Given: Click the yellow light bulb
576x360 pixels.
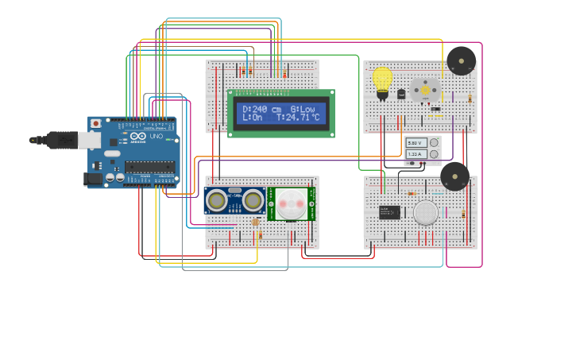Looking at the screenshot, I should click(382, 79).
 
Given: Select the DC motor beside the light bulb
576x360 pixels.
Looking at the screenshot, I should click(424, 89).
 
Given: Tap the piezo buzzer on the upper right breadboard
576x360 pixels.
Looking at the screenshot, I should click(461, 60).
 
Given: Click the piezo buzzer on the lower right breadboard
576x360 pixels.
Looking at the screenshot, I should click(454, 176).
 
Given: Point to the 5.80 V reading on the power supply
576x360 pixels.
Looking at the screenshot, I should click(416, 143).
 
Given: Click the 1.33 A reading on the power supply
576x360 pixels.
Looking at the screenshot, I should click(416, 153).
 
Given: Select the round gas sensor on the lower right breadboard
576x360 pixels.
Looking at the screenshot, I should click(426, 212).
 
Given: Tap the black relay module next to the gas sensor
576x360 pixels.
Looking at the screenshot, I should click(389, 212).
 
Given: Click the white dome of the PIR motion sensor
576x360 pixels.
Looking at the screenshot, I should click(291, 203).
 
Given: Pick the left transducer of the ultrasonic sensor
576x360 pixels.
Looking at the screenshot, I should click(216, 201).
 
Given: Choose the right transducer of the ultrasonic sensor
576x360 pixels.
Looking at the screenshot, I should click(253, 201).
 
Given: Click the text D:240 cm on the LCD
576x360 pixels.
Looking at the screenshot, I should click(261, 109).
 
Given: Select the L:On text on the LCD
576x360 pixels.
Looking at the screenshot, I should click(252, 118).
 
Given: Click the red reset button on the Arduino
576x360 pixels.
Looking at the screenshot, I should click(96, 123).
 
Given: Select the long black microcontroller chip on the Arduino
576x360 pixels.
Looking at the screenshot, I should click(149, 166).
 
